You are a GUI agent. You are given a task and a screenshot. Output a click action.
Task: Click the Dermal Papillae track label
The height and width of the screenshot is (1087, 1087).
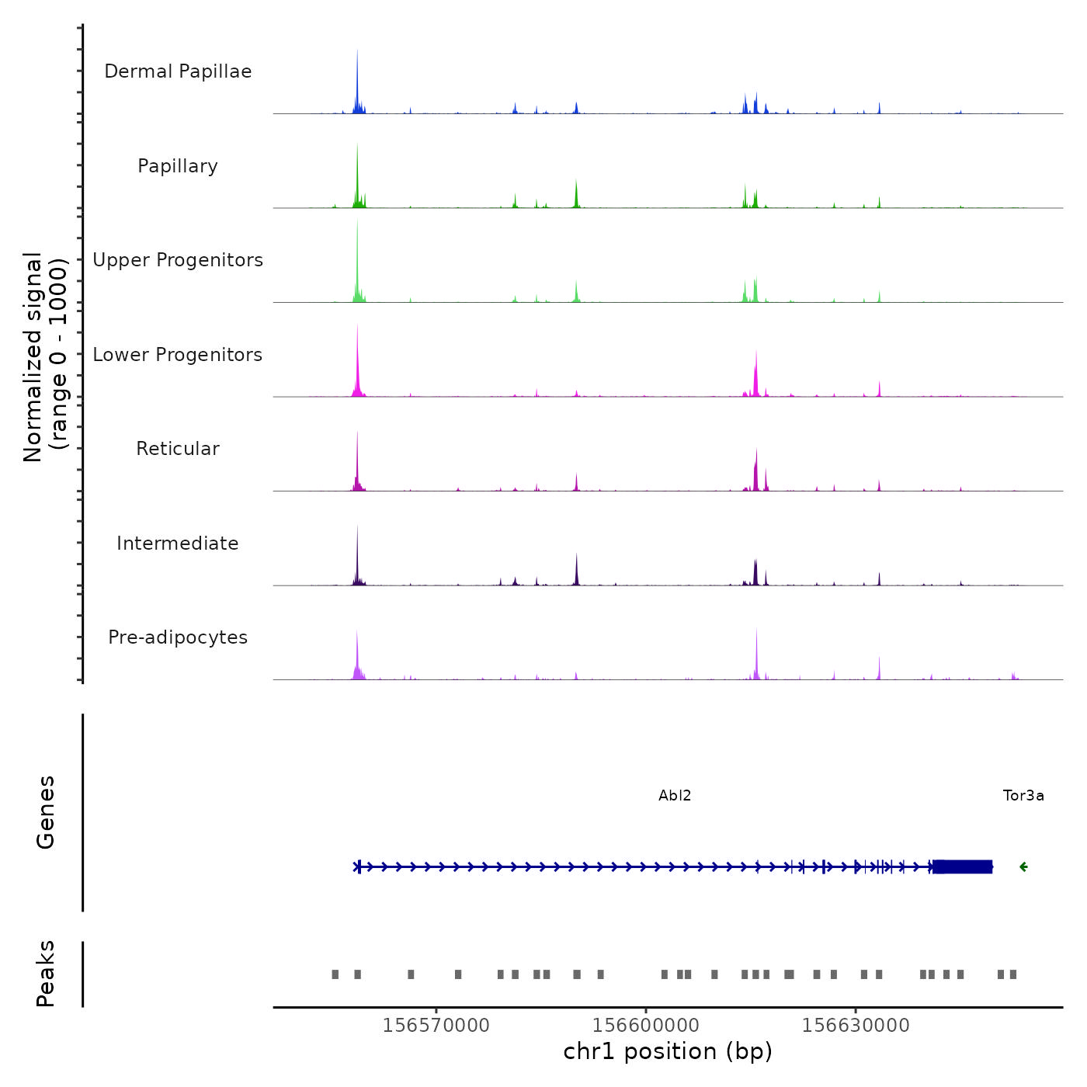[x=178, y=71]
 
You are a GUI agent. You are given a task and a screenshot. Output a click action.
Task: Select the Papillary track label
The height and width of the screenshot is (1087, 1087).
[x=178, y=166]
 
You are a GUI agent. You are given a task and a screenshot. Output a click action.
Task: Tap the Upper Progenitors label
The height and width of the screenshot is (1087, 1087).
[x=178, y=260]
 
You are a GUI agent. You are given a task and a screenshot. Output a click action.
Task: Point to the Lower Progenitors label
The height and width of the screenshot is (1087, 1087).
[x=178, y=355]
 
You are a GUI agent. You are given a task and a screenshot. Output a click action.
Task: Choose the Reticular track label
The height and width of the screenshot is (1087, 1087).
[x=178, y=449]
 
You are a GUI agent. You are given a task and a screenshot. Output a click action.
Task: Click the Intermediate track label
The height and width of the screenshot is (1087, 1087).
[x=178, y=543]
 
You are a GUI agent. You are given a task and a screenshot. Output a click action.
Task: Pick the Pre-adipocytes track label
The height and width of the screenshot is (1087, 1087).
[x=178, y=637]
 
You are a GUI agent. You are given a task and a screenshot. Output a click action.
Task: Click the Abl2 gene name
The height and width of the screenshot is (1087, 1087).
[x=675, y=796]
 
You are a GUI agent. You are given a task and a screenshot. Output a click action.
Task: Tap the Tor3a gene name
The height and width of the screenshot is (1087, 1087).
[x=1023, y=796]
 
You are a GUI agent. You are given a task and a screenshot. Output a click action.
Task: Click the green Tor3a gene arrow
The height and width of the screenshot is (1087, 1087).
[x=1023, y=867]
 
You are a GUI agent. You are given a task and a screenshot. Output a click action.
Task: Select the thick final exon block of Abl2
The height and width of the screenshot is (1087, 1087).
[x=963, y=867]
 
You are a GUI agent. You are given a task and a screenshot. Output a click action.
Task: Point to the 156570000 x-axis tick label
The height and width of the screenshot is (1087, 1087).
[x=436, y=1026]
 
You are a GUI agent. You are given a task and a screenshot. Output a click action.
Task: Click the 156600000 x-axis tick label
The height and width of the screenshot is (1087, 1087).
[x=646, y=1026]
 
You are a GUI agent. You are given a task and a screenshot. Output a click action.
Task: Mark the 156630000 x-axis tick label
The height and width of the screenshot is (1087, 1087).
[x=856, y=1026]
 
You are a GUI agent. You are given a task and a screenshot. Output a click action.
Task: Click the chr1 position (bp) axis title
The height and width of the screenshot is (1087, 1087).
[x=668, y=1052]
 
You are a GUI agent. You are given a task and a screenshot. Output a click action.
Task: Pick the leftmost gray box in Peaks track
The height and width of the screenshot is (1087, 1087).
[x=335, y=974]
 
